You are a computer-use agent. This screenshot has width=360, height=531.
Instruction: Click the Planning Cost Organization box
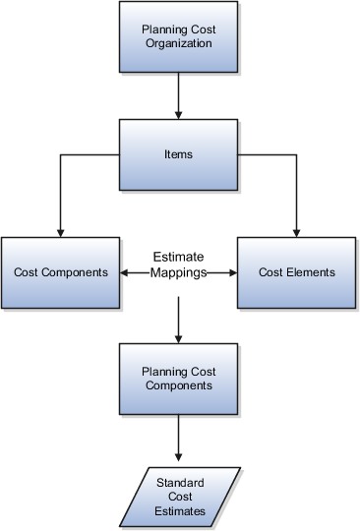(x=178, y=37)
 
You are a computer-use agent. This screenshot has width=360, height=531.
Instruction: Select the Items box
(x=178, y=153)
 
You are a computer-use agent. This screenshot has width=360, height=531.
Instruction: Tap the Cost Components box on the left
(x=61, y=271)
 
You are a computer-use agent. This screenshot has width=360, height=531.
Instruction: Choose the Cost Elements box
(x=296, y=271)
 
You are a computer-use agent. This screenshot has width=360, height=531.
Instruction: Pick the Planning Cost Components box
(x=178, y=379)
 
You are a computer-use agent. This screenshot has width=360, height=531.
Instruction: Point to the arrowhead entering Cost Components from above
(x=61, y=230)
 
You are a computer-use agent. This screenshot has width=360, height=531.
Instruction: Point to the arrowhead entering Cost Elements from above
(x=296, y=230)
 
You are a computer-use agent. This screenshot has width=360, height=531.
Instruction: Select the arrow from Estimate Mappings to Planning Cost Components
(x=178, y=320)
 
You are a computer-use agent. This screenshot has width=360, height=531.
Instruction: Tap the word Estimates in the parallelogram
(x=180, y=511)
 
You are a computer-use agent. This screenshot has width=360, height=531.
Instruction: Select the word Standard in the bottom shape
(x=180, y=482)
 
